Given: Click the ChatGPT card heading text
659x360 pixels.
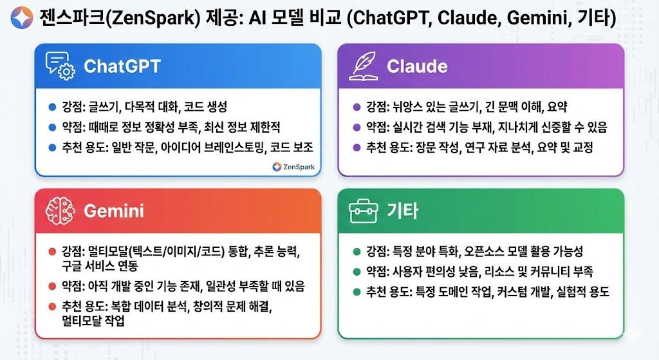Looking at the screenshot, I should click(122, 66).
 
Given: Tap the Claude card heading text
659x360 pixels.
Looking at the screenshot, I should click(416, 66).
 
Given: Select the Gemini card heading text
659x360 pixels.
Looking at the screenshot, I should click(114, 211).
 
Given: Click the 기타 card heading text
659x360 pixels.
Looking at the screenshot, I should click(403, 211).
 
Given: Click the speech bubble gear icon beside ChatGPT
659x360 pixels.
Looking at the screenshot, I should click(60, 66).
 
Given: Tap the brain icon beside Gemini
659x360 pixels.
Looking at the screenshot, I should click(60, 211).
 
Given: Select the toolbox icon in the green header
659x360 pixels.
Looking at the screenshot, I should click(362, 211).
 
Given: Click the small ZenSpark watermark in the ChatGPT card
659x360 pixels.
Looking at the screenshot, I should click(293, 167).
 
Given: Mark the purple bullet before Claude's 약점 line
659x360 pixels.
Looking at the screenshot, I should click(357, 127).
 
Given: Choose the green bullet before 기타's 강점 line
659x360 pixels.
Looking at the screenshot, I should click(357, 251).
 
